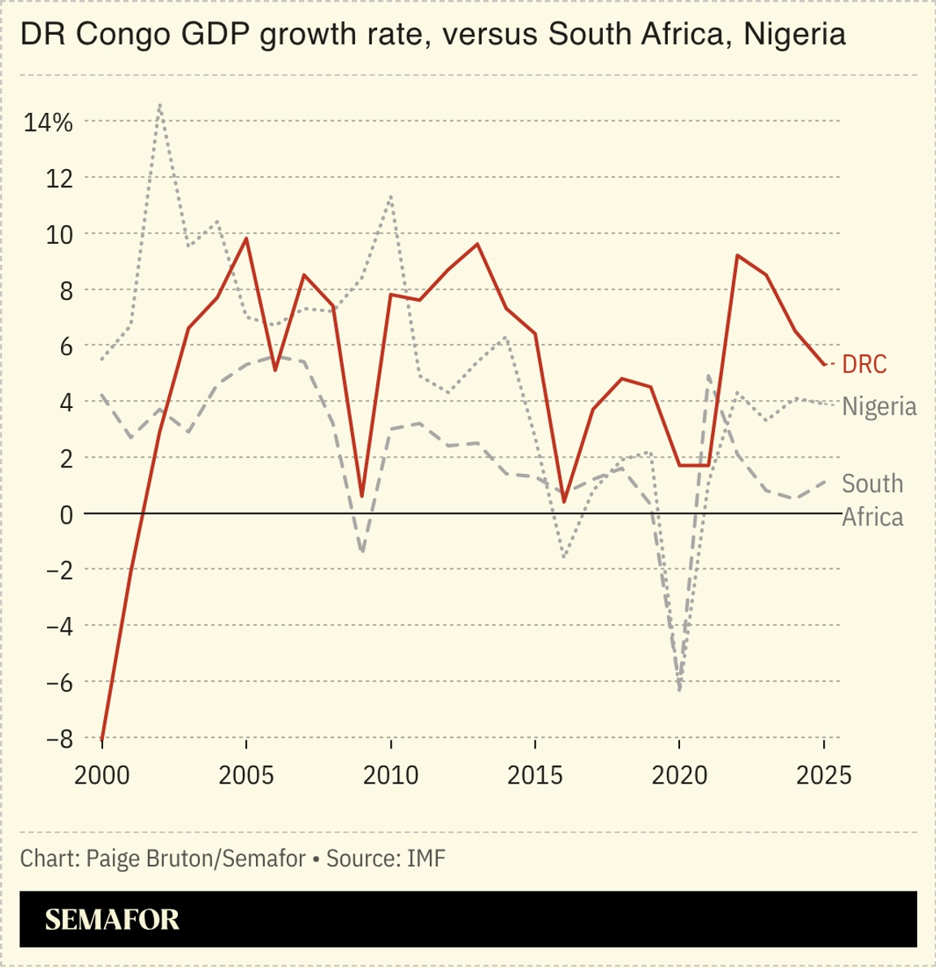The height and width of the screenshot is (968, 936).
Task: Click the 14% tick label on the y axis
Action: (48, 122)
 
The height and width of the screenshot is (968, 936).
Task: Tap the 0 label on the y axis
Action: (66, 514)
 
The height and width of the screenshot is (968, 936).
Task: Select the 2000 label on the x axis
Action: (102, 775)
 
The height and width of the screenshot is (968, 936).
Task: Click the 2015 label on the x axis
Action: (535, 775)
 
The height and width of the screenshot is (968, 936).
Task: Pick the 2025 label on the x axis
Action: (824, 775)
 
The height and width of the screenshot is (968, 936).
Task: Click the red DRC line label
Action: (864, 364)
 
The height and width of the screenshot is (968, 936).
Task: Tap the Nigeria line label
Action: (879, 406)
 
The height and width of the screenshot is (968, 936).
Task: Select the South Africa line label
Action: (872, 500)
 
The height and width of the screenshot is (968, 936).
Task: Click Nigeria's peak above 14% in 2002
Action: (160, 106)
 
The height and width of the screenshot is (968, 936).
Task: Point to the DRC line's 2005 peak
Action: (246, 239)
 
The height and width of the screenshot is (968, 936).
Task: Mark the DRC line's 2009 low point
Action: (362, 496)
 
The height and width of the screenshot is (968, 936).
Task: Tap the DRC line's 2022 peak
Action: (737, 256)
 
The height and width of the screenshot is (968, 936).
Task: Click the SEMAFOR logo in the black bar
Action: (112, 919)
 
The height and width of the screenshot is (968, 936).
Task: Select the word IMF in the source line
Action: (426, 858)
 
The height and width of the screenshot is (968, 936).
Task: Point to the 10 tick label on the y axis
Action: (58, 234)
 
